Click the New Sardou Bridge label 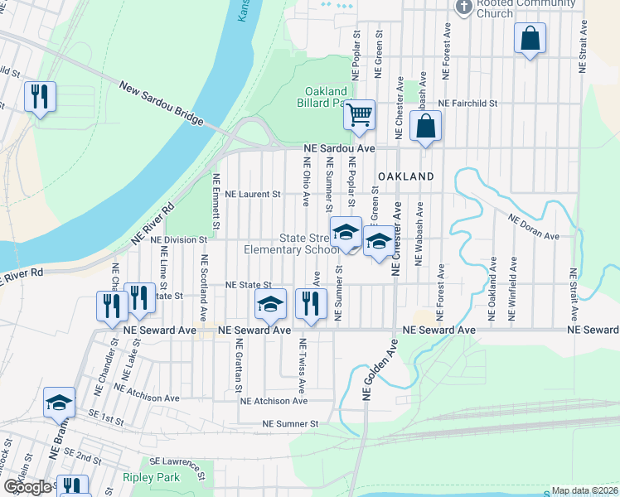coord(161,104)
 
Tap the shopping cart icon coord(359,114)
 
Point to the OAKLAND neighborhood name coord(406,177)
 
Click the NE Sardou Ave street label coord(340,148)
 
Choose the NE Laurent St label coord(254,194)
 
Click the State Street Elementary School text coord(285,244)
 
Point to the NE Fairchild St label coord(467,104)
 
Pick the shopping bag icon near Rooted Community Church coord(530,38)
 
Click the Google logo coord(27,487)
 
